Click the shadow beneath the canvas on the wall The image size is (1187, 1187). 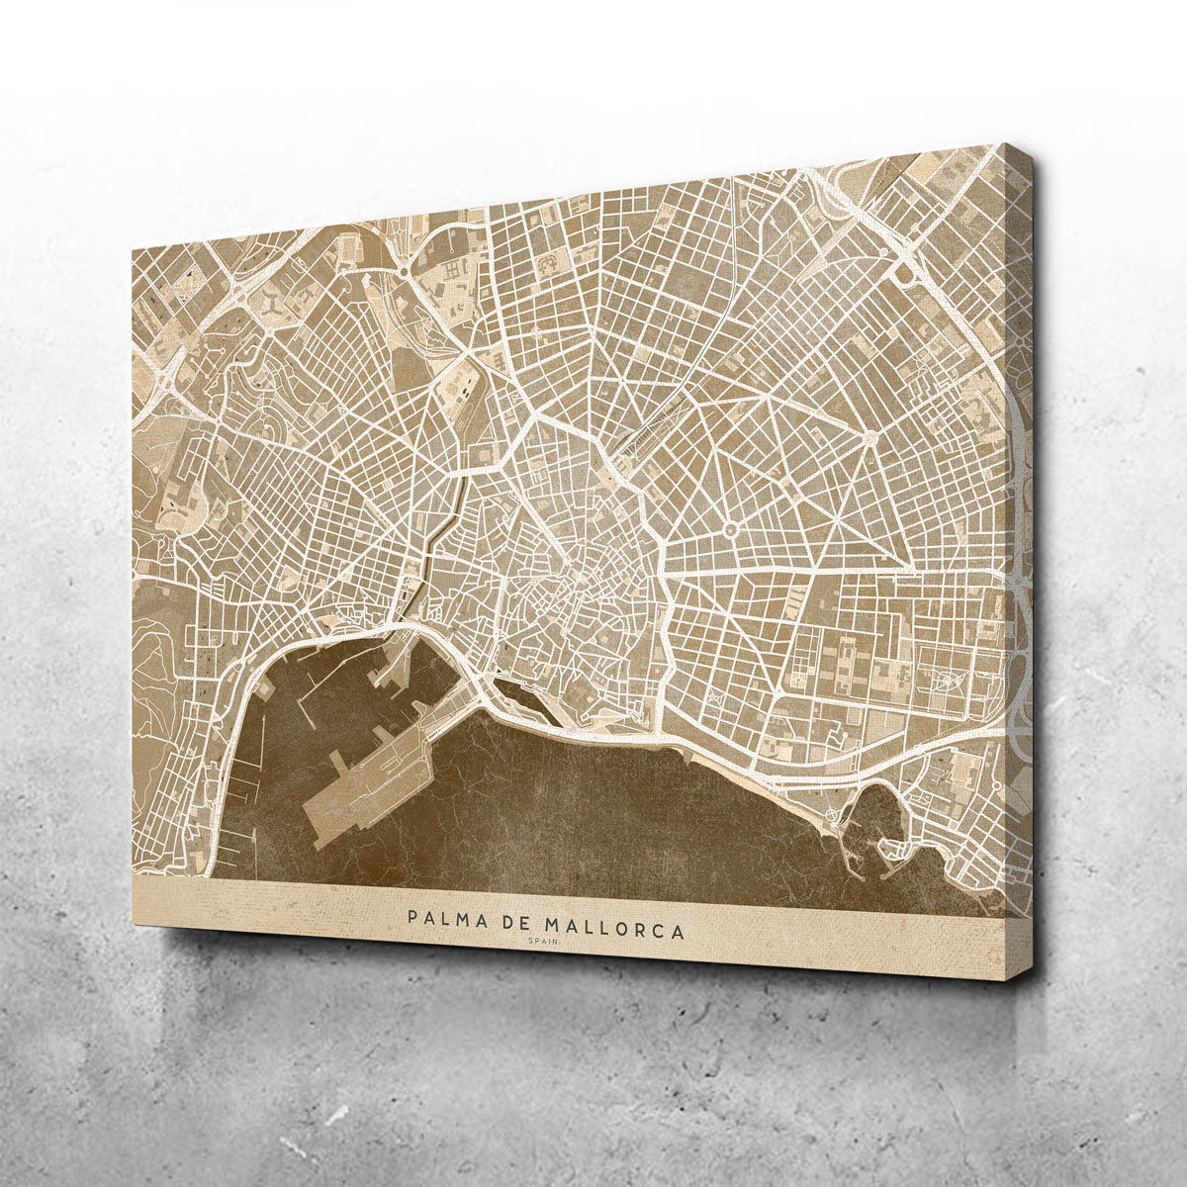click(x=593, y=999)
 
